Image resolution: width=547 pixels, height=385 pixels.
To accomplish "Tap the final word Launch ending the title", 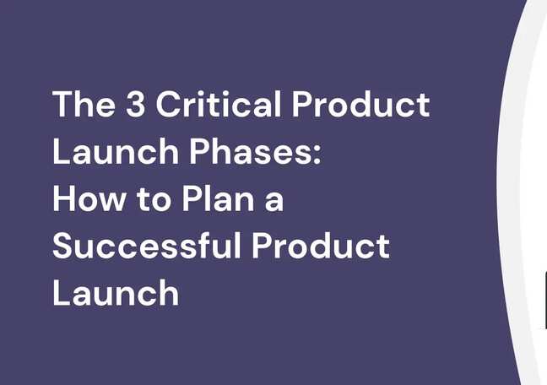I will tap(115, 293).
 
